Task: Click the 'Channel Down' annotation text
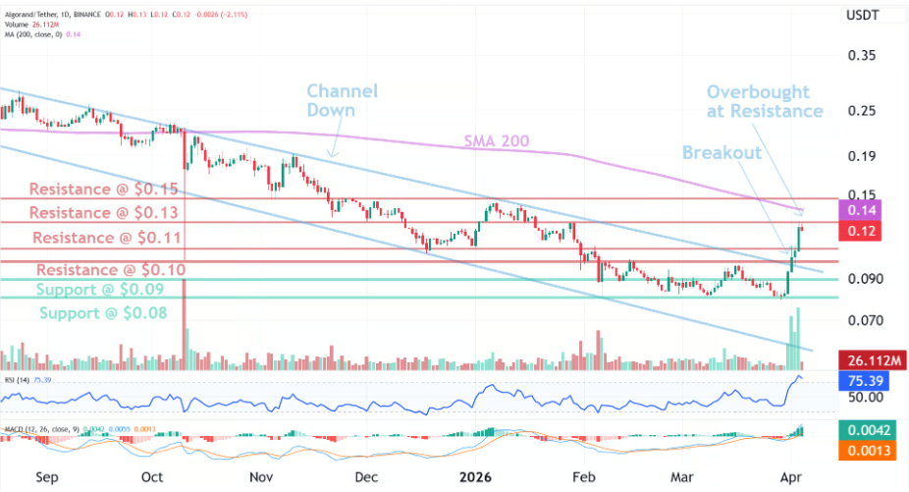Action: [342, 101]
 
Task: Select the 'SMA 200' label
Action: [496, 142]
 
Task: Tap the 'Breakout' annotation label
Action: [722, 153]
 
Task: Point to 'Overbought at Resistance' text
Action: [765, 101]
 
